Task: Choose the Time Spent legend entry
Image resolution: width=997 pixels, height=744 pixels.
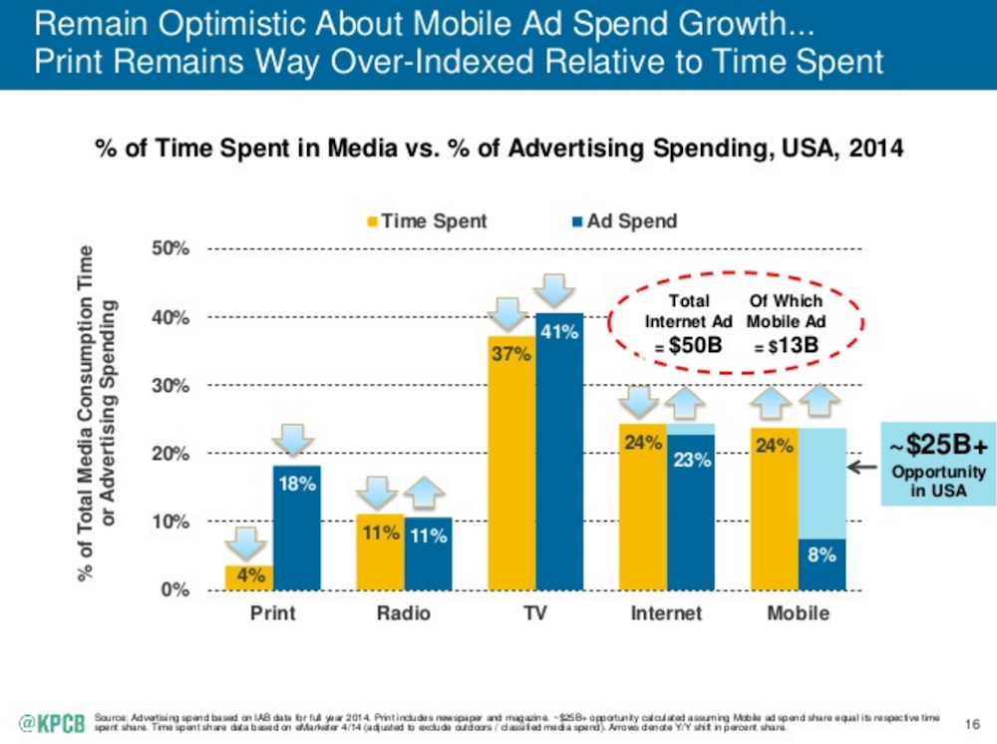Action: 428,220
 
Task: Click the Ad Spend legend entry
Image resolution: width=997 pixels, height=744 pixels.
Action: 623,220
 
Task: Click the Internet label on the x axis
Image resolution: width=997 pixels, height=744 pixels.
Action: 666,613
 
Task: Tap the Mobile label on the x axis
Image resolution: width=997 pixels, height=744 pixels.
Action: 798,613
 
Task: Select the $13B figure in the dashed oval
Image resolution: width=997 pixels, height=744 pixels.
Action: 786,344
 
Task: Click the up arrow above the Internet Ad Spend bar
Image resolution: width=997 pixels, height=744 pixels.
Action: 691,403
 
